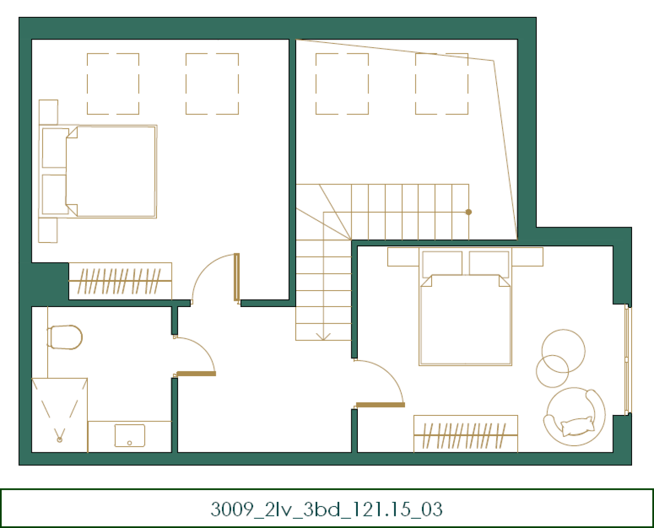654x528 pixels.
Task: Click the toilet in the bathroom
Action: tap(65, 337)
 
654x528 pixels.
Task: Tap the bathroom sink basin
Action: tap(129, 435)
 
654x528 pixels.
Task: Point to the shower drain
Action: tap(60, 440)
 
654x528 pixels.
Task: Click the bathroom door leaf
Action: tap(196, 373)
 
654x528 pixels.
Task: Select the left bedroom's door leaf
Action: tap(237, 277)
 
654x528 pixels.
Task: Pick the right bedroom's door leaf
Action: tap(380, 405)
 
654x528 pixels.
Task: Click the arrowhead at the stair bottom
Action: tap(323, 336)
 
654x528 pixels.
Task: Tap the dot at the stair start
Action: tap(469, 212)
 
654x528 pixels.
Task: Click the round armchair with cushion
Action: tap(575, 417)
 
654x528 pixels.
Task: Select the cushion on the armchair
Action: tap(577, 426)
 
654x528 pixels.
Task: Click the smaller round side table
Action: tap(552, 371)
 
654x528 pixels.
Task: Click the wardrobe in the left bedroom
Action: tap(120, 281)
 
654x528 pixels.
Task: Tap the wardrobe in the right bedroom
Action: tap(466, 434)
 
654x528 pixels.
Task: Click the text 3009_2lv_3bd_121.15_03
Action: tap(327, 509)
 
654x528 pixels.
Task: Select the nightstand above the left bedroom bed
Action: tap(49, 112)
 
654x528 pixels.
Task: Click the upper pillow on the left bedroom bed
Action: tap(55, 148)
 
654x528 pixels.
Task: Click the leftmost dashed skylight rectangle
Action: tap(113, 84)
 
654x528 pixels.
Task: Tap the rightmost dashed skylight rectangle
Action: tap(442, 84)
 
